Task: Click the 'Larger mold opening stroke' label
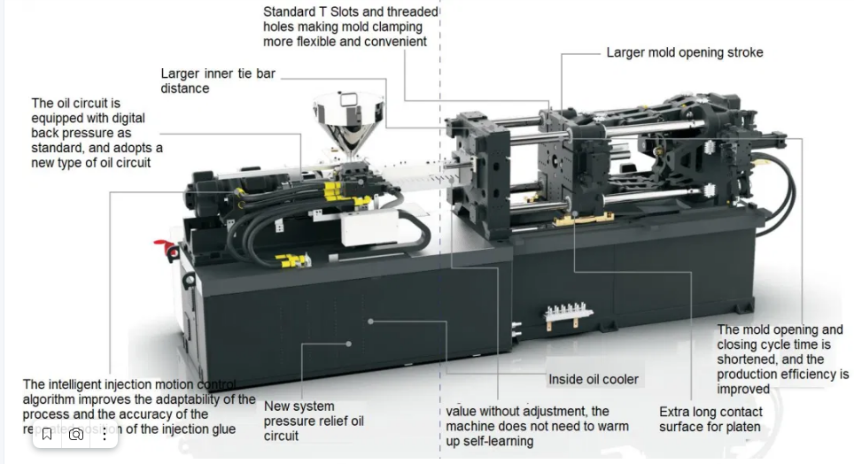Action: [x=684, y=52]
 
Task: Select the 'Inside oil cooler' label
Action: [x=593, y=379]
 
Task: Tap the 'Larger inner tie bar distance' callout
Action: [x=218, y=81]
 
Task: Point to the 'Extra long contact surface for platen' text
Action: [x=710, y=419]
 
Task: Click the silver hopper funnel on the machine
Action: [x=349, y=123]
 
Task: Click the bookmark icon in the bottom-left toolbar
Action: [x=47, y=434]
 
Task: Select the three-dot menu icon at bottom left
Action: [x=105, y=434]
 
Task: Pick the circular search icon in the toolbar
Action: [x=76, y=434]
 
